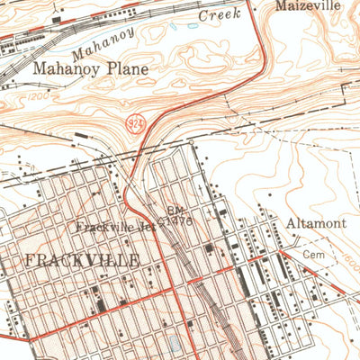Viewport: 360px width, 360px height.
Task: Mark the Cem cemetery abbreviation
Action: [312, 255]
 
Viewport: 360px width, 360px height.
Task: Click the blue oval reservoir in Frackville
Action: [175, 344]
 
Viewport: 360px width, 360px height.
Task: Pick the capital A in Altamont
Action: [292, 222]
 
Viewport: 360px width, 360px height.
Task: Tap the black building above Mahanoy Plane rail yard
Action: [58, 17]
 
